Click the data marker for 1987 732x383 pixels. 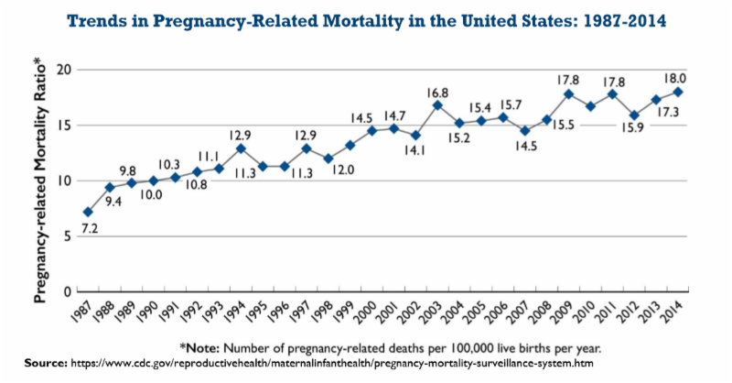click(x=88, y=213)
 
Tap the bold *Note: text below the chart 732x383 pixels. click(x=209, y=347)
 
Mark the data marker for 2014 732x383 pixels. click(x=678, y=92)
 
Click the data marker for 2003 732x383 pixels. click(x=437, y=105)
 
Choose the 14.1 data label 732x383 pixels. click(x=414, y=151)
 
